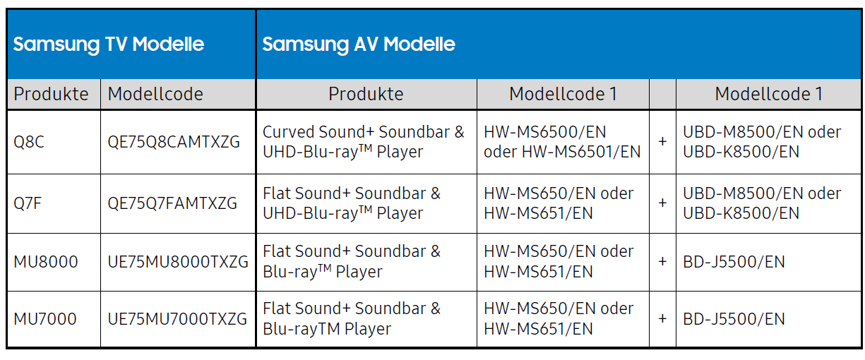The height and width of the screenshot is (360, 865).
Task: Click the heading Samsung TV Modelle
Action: [109, 44]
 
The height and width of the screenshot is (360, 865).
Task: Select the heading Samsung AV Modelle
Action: [359, 44]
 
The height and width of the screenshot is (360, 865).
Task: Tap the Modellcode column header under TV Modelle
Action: [155, 94]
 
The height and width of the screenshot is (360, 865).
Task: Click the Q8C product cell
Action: [29, 142]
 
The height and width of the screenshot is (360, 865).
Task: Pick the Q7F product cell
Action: [28, 203]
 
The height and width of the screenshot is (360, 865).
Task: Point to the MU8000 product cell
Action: [46, 262]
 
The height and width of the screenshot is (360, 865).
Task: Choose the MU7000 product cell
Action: [45, 319]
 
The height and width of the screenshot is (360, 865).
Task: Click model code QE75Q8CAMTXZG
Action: [174, 142]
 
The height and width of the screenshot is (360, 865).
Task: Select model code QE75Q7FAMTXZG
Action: [172, 203]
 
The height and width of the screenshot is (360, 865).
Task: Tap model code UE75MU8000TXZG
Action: [178, 262]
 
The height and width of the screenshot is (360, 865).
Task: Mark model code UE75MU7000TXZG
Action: [177, 319]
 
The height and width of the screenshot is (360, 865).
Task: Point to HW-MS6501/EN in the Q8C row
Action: [581, 152]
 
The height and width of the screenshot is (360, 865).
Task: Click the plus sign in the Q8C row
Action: [662, 142]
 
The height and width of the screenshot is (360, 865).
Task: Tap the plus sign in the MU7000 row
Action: [662, 319]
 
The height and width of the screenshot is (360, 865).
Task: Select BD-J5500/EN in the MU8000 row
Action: [734, 262]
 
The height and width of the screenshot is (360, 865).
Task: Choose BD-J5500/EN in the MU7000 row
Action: [734, 319]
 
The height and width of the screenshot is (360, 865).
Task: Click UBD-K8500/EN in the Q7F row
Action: [741, 213]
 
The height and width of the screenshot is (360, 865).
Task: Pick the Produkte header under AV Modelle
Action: [366, 94]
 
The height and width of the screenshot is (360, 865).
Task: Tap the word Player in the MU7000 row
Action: [368, 329]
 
